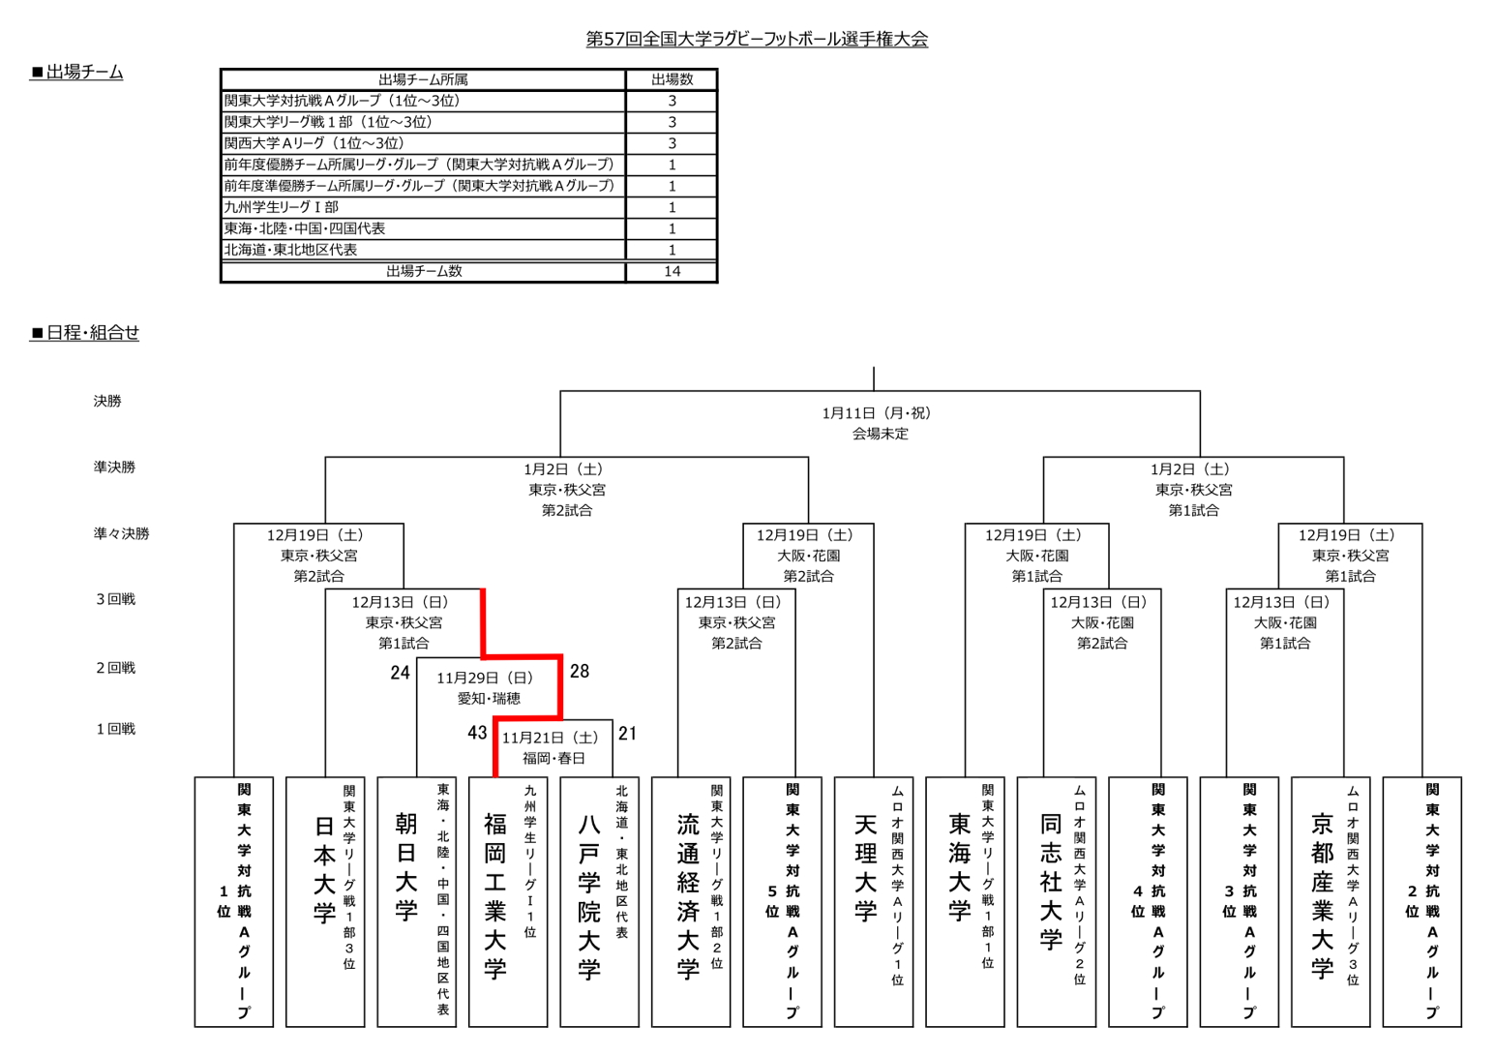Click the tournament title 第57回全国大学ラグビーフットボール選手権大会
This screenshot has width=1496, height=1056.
[757, 39]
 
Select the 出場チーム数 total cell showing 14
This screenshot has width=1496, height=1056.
[672, 271]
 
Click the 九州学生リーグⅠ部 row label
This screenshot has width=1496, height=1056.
[282, 207]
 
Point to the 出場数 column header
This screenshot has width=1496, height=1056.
[672, 79]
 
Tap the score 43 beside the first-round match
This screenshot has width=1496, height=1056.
[477, 733]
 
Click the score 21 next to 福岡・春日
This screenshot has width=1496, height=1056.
[627, 734]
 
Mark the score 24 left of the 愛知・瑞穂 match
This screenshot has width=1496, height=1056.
[400, 673]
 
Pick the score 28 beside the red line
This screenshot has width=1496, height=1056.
[579, 672]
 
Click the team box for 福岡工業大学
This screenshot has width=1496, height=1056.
[508, 902]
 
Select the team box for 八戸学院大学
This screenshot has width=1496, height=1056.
[599, 902]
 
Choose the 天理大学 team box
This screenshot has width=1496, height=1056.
[874, 902]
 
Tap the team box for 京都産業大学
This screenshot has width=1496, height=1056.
[1331, 902]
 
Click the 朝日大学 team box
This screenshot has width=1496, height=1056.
[416, 902]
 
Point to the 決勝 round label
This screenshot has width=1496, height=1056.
[107, 401]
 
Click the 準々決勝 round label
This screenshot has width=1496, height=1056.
[122, 533]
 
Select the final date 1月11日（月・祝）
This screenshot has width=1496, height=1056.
[877, 413]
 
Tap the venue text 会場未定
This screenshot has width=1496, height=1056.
[880, 435]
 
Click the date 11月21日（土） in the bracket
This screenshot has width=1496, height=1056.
[551, 738]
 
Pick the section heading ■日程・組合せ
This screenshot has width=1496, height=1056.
[85, 333]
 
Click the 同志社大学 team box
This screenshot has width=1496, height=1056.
[1057, 902]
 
